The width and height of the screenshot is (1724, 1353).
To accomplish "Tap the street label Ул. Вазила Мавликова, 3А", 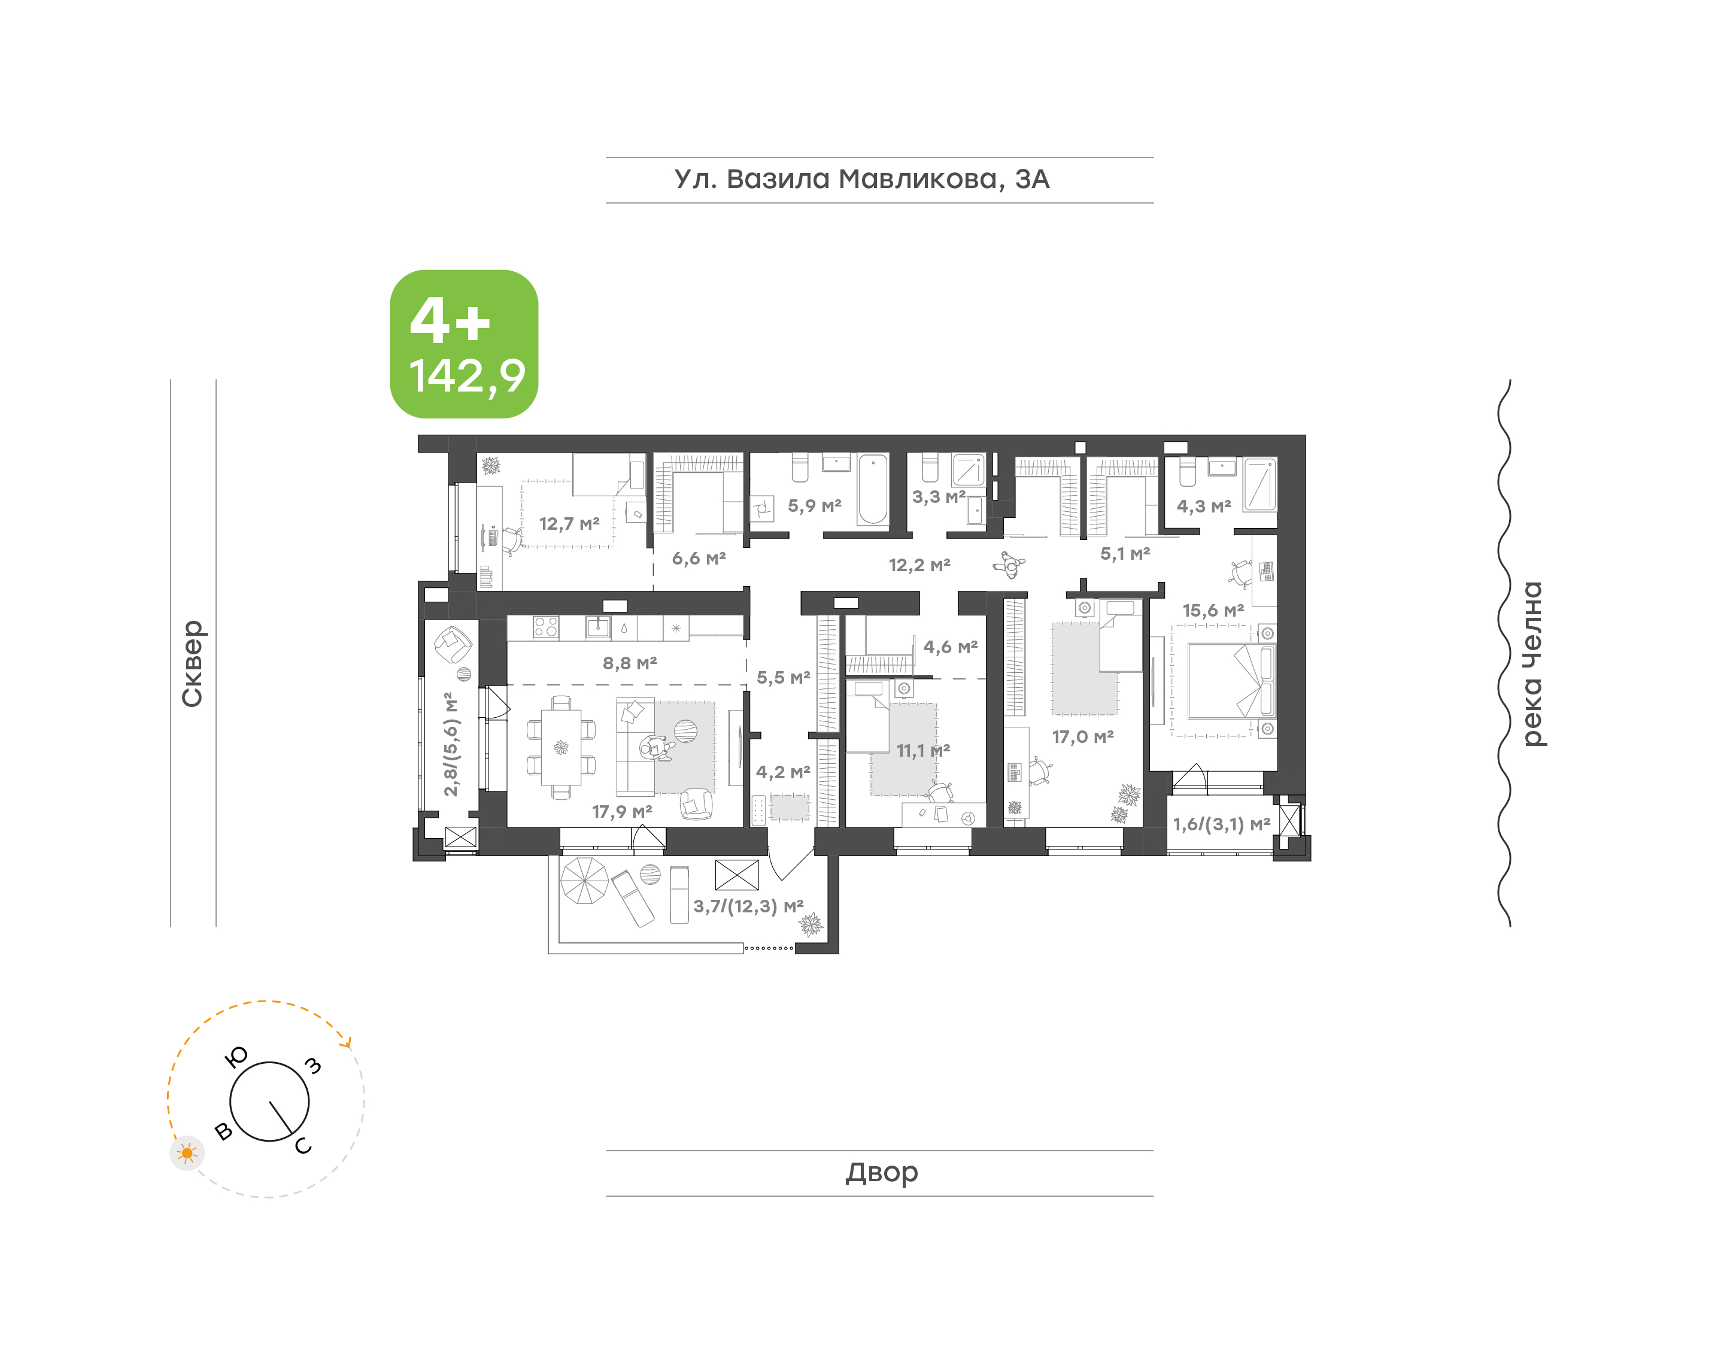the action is coord(861,180).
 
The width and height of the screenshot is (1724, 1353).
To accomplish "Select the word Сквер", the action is coord(192,663).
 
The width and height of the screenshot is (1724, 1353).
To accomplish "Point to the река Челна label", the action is coord(1532,664).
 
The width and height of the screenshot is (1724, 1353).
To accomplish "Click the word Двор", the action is coord(881,1172).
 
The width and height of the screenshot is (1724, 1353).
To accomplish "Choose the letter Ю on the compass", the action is coord(236,1057).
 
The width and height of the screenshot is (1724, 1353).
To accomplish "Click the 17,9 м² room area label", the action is coord(621,811).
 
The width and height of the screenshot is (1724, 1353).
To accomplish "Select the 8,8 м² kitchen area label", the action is coord(630,663).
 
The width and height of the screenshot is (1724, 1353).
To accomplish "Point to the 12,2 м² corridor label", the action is coord(919,565).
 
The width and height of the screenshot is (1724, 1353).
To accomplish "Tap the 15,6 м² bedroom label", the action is coord(1213,610).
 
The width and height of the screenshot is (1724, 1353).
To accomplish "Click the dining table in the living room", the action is coord(561,746).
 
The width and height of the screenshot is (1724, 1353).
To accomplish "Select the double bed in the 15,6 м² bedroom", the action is coord(1231,681).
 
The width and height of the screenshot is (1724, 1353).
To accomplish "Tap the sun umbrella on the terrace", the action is coord(584,880).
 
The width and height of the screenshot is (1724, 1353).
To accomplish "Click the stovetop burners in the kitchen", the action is coord(545,627).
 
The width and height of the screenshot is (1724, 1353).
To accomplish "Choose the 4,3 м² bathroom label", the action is coord(1204,506).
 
